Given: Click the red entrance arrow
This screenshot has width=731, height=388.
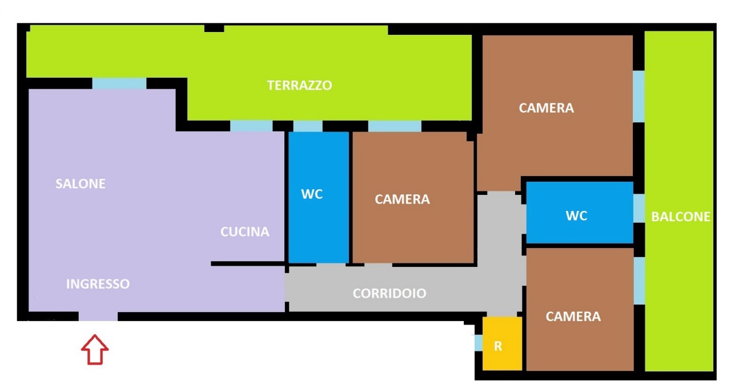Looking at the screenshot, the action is pyautogui.click(x=95, y=350).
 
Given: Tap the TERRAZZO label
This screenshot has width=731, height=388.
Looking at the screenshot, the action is pyautogui.click(x=300, y=85).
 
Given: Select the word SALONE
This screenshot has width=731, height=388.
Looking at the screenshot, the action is pyautogui.click(x=81, y=183).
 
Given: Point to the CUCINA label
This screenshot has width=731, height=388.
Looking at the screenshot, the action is pyautogui.click(x=245, y=231).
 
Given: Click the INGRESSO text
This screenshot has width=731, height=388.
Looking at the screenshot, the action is pyautogui.click(x=98, y=284).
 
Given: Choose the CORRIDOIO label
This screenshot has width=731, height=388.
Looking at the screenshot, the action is pyautogui.click(x=389, y=293).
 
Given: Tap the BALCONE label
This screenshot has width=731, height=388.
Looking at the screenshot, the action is pyautogui.click(x=681, y=217).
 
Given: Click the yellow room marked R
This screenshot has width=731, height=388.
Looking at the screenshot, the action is pyautogui.click(x=502, y=343).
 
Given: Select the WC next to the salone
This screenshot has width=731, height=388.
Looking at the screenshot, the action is pyautogui.click(x=312, y=194).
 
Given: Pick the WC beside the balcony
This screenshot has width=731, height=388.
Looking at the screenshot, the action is pyautogui.click(x=576, y=215).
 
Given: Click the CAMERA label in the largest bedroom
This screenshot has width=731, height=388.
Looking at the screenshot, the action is pyautogui.click(x=547, y=108).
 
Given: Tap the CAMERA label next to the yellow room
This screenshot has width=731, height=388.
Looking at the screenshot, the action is pyautogui.click(x=573, y=317).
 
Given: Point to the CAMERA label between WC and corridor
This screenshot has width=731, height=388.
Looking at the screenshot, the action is pyautogui.click(x=402, y=199).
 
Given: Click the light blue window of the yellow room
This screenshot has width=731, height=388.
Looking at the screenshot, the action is pyautogui.click(x=479, y=343).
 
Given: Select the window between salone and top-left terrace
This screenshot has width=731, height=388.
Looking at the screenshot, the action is pyautogui.click(x=119, y=83).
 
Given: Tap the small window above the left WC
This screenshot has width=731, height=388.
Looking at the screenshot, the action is pyautogui.click(x=308, y=126).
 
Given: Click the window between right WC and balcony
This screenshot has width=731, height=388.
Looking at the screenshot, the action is pyautogui.click(x=639, y=208).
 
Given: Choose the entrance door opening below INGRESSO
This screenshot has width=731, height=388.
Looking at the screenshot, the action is pyautogui.click(x=98, y=316).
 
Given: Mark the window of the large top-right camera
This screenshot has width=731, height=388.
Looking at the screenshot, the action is pyautogui.click(x=638, y=97).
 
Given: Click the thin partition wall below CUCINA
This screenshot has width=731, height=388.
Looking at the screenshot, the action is pyautogui.click(x=248, y=263).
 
